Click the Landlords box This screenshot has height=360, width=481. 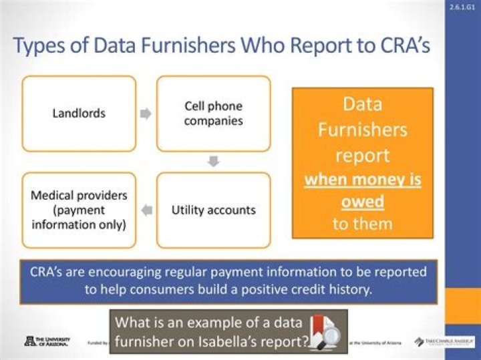coord(79,113)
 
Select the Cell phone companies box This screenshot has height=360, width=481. coord(213,113)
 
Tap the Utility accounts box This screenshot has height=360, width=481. coord(213,210)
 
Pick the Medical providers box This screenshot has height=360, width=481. coord(79,210)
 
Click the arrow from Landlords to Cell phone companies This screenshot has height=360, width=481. coord(146,114)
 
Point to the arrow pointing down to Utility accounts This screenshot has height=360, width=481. coord(213,162)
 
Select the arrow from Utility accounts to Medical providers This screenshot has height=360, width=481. coord(147,210)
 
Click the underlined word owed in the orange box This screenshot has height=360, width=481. coord(363,201)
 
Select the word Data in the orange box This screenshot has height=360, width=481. coord(362,104)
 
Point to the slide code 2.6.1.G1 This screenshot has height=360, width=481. coord(462,7)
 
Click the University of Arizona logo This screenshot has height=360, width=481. coord(47,341)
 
